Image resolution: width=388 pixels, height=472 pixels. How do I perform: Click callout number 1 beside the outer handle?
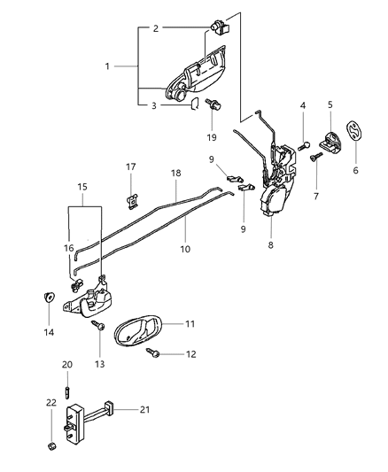[x=109, y=67]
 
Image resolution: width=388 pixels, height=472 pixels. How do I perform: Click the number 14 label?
[x=49, y=332]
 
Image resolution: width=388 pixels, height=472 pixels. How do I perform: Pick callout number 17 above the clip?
[x=130, y=166]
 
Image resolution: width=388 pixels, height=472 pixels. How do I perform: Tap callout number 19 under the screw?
[x=212, y=138]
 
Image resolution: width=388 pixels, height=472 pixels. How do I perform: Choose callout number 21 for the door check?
[x=144, y=410]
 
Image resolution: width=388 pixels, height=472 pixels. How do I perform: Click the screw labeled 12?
[x=156, y=356]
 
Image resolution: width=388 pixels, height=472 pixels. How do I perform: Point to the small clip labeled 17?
[x=131, y=199]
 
